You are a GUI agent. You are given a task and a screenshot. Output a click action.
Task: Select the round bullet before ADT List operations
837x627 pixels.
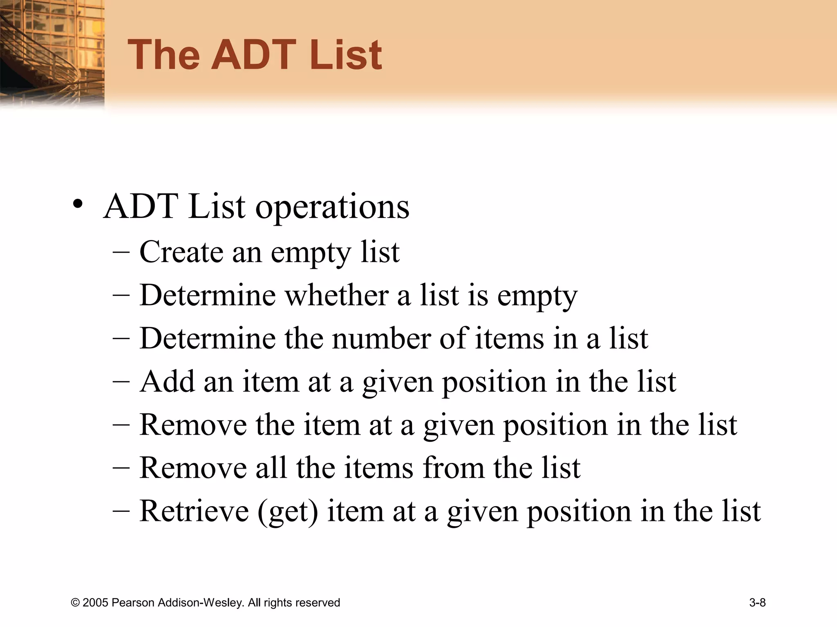pos(78,205)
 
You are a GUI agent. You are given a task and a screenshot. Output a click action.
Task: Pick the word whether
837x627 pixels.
pos(336,295)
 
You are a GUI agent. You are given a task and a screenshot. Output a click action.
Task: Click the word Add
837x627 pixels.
pos(167,381)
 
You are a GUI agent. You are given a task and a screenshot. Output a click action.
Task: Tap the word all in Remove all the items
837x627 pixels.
pos(271,467)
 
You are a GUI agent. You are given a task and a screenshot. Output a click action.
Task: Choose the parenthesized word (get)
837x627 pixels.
pos(288,511)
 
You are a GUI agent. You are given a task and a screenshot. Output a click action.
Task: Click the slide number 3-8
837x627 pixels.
pos(757,603)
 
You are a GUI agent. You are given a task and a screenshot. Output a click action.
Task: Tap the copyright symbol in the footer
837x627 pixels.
pos(75,603)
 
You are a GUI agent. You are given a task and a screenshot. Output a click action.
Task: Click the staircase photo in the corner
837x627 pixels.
pos(52,53)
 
